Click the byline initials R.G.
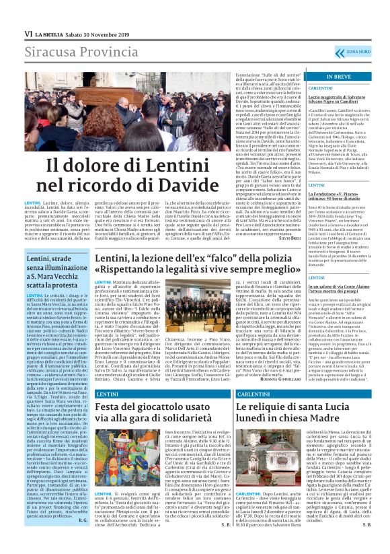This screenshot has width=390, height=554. click(x=82, y=520)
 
